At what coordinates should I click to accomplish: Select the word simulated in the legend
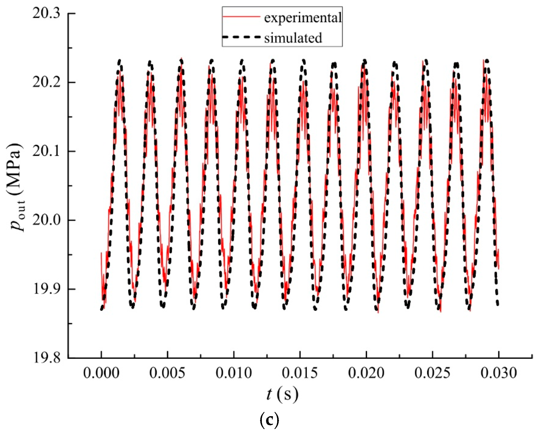[x=293, y=38]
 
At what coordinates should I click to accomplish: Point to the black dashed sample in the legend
[x=241, y=37]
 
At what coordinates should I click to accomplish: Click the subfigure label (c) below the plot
[x=269, y=420]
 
